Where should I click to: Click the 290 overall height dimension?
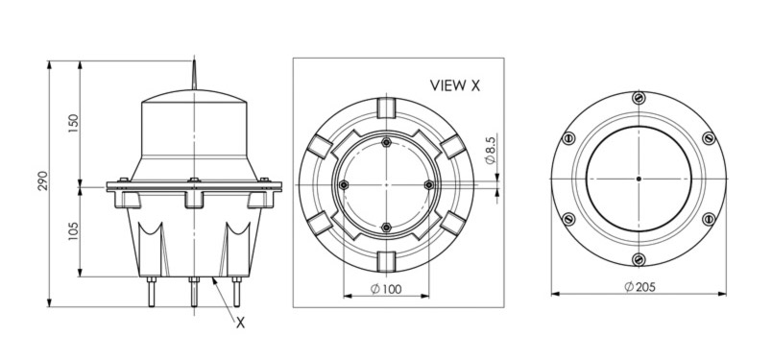pos(42,181)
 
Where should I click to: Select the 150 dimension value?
pos(73,125)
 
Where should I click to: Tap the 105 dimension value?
pos(73,230)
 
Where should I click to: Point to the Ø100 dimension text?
pos(386,289)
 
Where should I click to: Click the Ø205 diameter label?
pos(640,287)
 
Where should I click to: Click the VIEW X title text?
pos(455,85)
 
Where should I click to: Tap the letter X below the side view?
pos(240,323)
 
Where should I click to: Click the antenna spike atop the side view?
pos(194,74)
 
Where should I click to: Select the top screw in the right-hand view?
pos(639,98)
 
